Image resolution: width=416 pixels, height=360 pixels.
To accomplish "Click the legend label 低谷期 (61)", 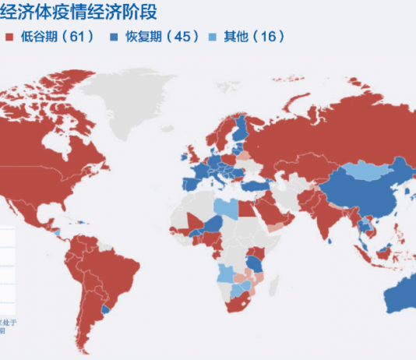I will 55,37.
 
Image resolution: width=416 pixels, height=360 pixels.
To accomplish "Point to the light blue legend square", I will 212,37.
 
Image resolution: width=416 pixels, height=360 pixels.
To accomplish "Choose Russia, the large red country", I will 327,132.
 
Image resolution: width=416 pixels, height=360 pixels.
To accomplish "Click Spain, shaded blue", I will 192,186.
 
